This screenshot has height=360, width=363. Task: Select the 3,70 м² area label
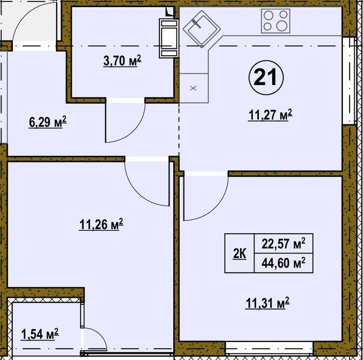pos(122,62)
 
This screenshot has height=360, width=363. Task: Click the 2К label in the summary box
pos(240,253)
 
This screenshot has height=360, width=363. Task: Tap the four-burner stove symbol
pos(275,22)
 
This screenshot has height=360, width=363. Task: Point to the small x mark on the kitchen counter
pos(193,88)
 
